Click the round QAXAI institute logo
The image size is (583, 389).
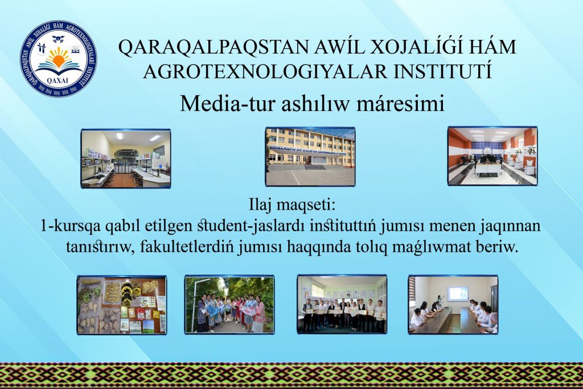59,59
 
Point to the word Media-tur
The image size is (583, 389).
228,104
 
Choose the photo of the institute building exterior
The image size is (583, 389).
310,157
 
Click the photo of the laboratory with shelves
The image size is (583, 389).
126,158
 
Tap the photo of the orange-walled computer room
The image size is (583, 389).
492,156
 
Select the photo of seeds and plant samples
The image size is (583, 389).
122,305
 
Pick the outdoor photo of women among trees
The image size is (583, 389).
230,305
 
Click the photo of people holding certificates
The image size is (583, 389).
342,304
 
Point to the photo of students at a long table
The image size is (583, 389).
453,305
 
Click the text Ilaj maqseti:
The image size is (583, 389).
292,205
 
